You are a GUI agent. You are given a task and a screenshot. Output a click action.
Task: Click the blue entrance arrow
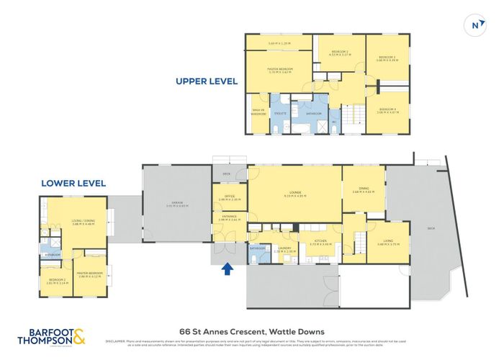click(x=228, y=269)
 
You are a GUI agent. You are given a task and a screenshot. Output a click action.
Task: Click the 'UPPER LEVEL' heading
click(x=207, y=81)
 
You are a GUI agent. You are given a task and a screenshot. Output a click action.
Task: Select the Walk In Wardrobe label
click(x=258, y=112)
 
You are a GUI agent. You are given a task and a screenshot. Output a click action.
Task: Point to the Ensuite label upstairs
click(x=281, y=113)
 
